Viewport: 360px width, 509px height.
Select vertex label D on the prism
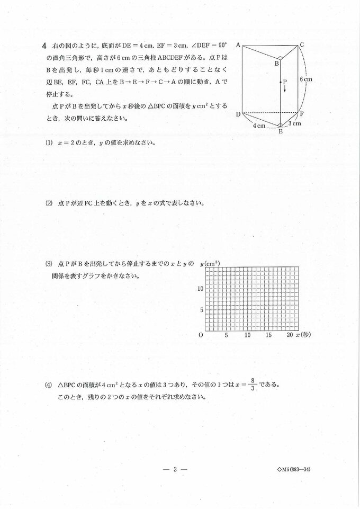[238, 114]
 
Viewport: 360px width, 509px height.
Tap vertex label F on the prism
[301, 114]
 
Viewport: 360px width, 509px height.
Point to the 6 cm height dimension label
[305, 79]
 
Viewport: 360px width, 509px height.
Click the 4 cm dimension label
[258, 126]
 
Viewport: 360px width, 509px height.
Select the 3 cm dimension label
[295, 123]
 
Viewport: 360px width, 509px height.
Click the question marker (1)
[49, 143]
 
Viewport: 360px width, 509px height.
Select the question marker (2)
[49, 203]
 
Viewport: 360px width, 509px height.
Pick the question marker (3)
[49, 263]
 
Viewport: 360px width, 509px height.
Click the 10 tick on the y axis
[200, 289]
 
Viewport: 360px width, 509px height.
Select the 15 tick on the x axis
[268, 336]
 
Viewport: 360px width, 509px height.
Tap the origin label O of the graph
[200, 335]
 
